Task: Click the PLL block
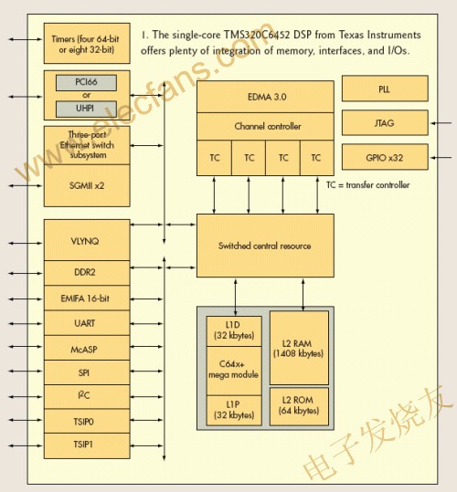[385, 89]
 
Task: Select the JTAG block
[385, 123]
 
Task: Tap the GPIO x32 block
[385, 157]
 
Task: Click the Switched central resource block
[265, 246]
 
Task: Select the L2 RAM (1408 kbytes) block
[299, 347]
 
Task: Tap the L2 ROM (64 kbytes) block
[299, 405]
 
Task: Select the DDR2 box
[85, 272]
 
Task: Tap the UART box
[85, 323]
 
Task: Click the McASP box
[85, 349]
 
